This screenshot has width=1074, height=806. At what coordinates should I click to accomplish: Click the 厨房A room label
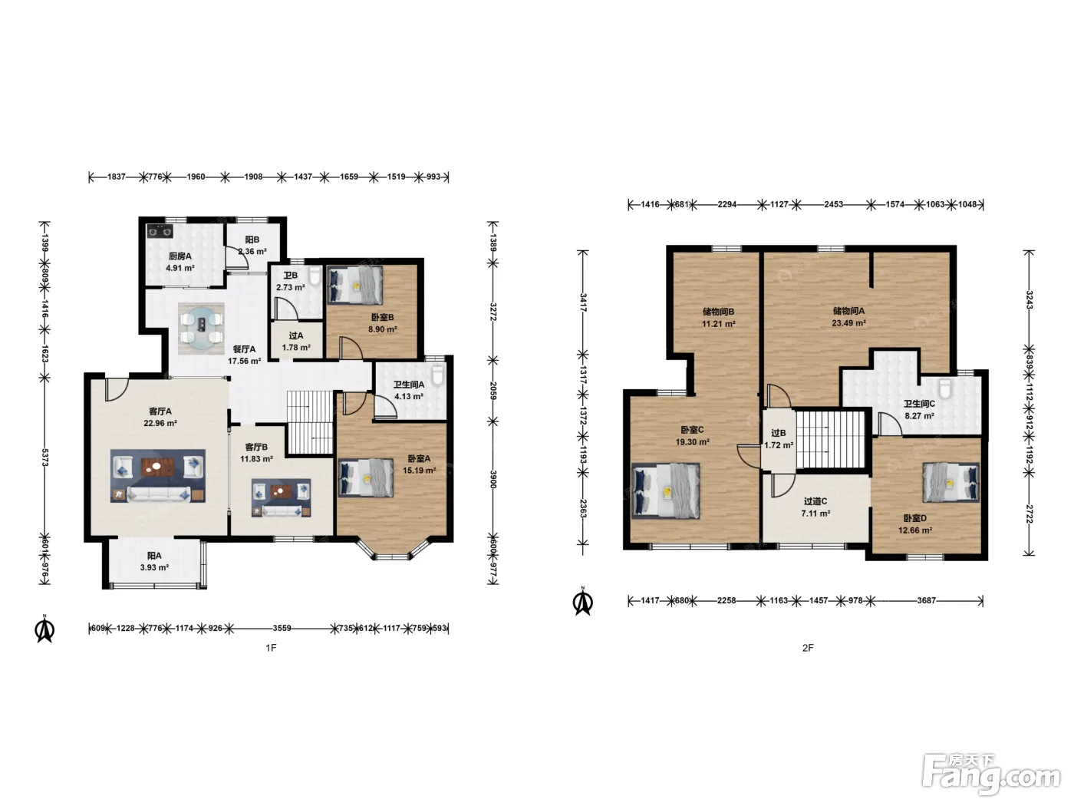[180, 256]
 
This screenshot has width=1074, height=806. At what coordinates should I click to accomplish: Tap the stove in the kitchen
[160, 230]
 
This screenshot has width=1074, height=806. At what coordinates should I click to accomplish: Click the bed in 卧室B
[354, 284]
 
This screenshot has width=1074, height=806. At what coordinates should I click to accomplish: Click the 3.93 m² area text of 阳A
[155, 568]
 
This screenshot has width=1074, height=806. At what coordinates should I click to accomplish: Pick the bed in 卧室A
[365, 477]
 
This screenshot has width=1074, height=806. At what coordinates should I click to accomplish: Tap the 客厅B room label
[256, 447]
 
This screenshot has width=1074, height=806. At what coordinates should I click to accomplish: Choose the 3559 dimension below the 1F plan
[282, 628]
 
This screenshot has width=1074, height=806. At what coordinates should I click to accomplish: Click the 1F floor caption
[271, 648]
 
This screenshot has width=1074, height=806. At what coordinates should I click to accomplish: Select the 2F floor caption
[808, 648]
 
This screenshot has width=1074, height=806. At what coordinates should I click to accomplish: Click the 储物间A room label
[849, 311]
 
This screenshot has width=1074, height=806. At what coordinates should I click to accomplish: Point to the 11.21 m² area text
[719, 323]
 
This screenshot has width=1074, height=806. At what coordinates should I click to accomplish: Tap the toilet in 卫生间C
[945, 388]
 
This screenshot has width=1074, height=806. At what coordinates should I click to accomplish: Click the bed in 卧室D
[950, 482]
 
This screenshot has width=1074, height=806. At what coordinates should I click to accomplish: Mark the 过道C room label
[815, 501]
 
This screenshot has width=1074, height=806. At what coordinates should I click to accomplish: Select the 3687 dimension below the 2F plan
[926, 600]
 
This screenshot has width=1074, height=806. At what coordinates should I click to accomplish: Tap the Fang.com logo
[991, 774]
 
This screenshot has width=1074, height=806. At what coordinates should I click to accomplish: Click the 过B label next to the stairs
[779, 433]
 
